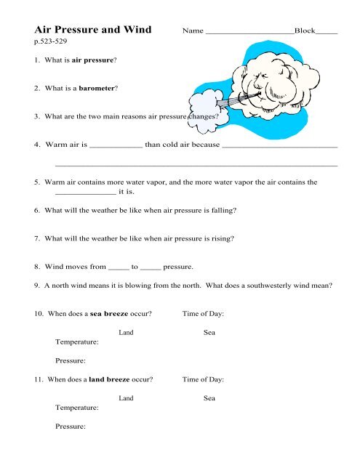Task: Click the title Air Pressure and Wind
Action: click(x=93, y=31)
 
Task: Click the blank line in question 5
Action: click(x=85, y=194)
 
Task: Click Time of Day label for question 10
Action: click(x=203, y=314)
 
